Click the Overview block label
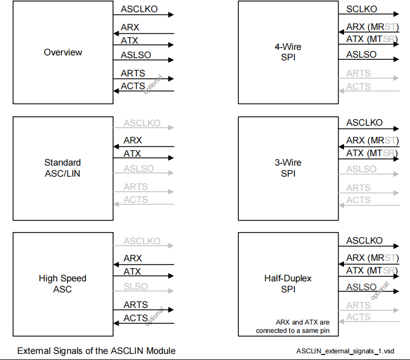(x=63, y=53)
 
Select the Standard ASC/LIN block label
(x=63, y=168)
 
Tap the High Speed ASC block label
(x=63, y=284)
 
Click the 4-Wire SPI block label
(x=288, y=52)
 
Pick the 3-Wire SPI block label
(x=288, y=168)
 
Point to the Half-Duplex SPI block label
(x=288, y=284)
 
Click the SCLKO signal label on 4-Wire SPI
(x=361, y=9)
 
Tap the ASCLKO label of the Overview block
(x=139, y=9)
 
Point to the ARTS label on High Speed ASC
(x=135, y=305)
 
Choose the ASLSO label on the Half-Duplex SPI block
(x=361, y=287)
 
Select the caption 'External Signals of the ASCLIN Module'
(x=96, y=351)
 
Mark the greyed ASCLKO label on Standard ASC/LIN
(x=142, y=124)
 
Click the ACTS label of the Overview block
(x=133, y=86)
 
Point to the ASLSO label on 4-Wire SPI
(x=361, y=54)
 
